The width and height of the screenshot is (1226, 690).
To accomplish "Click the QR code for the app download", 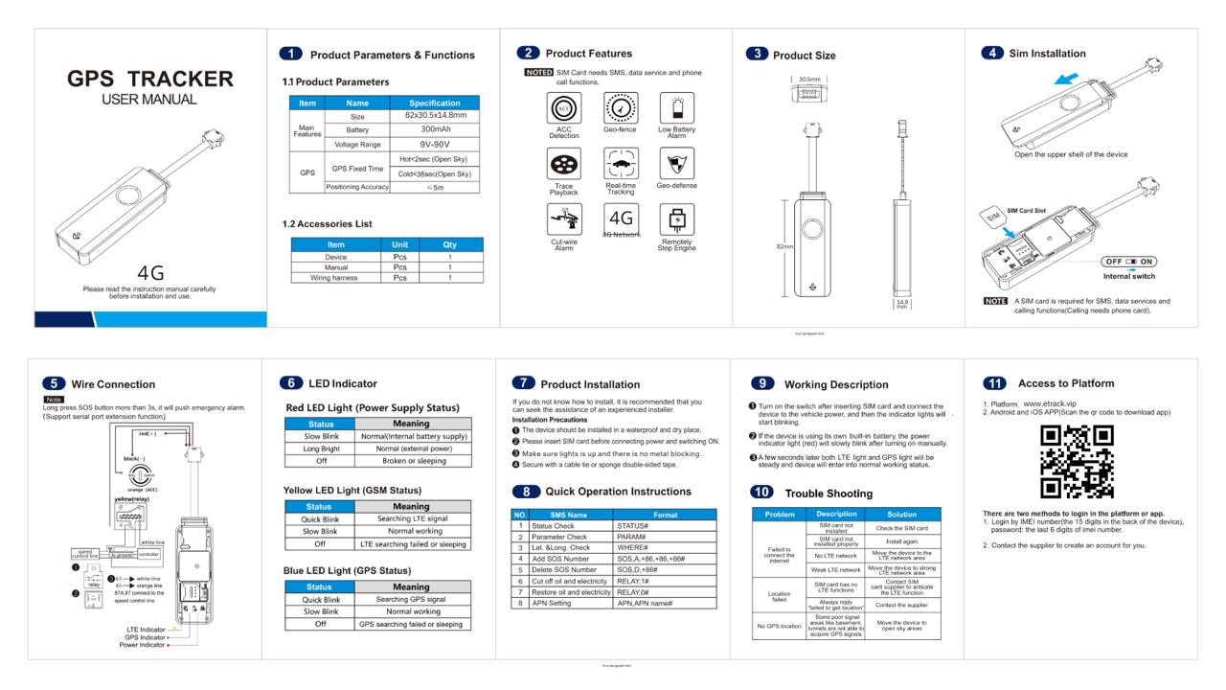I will [x=1077, y=462].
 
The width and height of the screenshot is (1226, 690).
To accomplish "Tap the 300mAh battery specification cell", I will [x=435, y=129].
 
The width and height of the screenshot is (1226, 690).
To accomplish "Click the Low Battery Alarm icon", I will [x=677, y=108].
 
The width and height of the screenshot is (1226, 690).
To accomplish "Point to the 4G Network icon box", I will [x=621, y=218].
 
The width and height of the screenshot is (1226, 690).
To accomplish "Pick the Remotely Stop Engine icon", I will [x=677, y=220].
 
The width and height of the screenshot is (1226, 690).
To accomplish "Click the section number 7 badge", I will [x=523, y=383].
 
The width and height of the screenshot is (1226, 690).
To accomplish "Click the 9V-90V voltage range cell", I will [x=435, y=144].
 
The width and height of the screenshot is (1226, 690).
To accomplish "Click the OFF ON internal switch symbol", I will [x=1129, y=262].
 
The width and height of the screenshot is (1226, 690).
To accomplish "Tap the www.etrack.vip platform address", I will [x=1050, y=404].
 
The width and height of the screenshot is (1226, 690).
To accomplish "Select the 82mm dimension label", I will [x=783, y=246].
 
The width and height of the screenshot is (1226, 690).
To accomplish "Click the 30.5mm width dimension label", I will [x=809, y=80].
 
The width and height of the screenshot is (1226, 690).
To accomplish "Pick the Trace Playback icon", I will [x=563, y=165].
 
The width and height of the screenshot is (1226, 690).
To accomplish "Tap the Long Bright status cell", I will [x=321, y=448].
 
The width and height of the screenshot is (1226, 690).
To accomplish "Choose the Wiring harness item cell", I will [x=333, y=278].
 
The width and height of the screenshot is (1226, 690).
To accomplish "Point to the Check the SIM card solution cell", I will [x=901, y=528].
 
